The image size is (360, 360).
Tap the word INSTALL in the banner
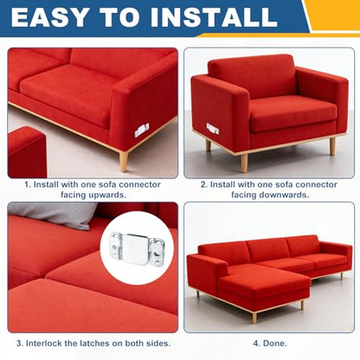[215, 17]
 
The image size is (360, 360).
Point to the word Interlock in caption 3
[43, 344]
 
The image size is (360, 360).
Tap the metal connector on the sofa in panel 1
[142, 130]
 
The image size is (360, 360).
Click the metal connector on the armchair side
[213, 129]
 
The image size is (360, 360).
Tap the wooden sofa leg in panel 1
[124, 161]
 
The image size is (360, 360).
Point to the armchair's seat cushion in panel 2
[292, 113]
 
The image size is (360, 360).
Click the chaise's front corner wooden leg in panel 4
[254, 318]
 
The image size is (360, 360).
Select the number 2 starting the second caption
[203, 184]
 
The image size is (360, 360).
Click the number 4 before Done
[255, 344]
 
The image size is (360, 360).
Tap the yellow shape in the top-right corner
[335, 16]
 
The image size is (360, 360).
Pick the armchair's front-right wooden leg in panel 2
[332, 146]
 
